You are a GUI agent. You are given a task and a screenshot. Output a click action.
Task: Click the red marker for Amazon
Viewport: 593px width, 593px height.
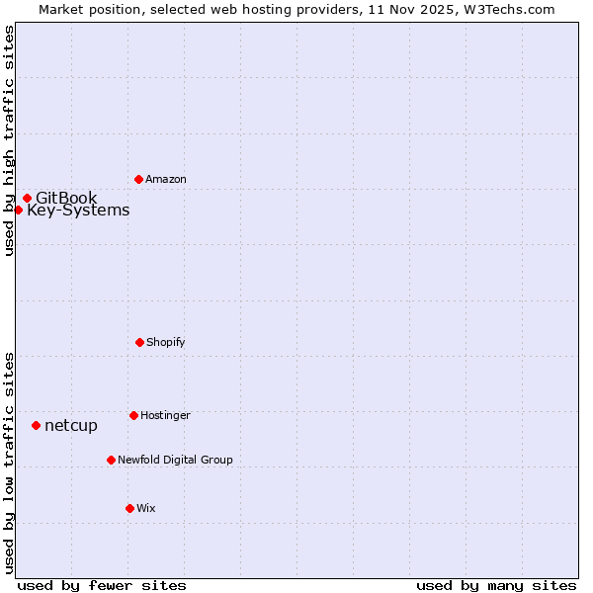[x=138, y=179]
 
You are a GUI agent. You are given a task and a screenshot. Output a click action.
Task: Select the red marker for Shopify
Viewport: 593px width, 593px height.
[x=139, y=342]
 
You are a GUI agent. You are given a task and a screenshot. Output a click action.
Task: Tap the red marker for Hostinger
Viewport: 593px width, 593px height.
[x=133, y=415]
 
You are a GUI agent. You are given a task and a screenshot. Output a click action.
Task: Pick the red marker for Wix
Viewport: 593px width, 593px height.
[x=129, y=508]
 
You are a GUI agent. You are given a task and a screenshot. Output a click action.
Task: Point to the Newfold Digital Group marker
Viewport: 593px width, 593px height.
[x=111, y=460]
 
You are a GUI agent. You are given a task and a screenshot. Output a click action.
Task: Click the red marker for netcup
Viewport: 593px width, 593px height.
[x=36, y=425]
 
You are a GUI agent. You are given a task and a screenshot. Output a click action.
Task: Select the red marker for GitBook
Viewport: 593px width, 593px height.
[x=27, y=198]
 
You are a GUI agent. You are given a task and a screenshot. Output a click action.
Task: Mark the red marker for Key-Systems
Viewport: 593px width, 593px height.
[x=18, y=210]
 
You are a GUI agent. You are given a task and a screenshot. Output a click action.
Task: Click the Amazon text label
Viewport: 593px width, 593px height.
[x=166, y=180]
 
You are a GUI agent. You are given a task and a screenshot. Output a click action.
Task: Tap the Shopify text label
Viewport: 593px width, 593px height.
[x=166, y=343]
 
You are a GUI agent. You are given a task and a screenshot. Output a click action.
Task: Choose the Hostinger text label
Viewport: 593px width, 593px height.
[x=165, y=416]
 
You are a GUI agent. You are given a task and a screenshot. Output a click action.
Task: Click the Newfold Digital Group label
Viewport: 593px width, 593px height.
[x=175, y=461]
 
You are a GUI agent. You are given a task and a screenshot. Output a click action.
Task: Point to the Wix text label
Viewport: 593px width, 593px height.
[x=146, y=509]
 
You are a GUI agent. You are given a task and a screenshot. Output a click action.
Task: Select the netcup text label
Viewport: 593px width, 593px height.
[x=71, y=426]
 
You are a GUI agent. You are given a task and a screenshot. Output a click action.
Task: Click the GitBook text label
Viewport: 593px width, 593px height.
[x=66, y=199]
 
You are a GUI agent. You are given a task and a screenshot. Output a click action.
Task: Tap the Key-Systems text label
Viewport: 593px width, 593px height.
[x=78, y=211]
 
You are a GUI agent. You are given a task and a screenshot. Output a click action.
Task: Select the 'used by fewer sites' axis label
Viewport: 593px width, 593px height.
[x=102, y=585]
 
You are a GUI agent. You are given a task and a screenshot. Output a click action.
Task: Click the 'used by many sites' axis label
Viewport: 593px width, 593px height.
[x=496, y=585]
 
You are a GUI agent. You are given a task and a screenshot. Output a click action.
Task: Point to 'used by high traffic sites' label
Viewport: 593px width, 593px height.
[x=9, y=140]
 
